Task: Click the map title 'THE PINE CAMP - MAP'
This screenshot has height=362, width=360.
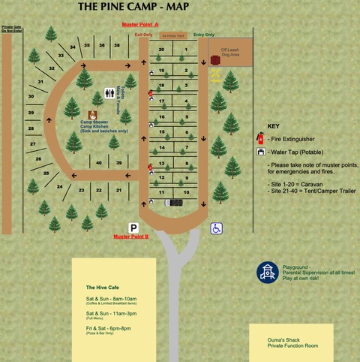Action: tap(134, 7)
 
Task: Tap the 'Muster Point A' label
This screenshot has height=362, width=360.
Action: tap(145, 25)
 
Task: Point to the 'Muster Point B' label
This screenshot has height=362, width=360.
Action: tap(131, 237)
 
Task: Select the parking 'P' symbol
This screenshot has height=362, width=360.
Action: tap(133, 227)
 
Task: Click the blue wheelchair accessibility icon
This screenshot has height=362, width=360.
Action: tap(216, 228)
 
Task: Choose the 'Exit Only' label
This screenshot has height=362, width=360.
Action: tap(143, 35)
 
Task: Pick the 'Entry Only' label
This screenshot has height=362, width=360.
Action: tap(204, 35)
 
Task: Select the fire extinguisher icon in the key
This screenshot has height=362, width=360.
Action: tap(260, 139)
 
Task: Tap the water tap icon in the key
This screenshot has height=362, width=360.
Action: tap(260, 152)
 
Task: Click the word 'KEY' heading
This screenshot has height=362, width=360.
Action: tap(273, 126)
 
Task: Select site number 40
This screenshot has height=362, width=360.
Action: tap(99, 163)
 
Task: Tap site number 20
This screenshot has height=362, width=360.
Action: tap(161, 49)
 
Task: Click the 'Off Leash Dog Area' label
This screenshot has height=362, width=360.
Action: tap(229, 53)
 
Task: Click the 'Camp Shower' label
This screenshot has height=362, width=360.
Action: tap(94, 122)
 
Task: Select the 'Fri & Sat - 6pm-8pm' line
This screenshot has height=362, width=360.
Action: tap(108, 327)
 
